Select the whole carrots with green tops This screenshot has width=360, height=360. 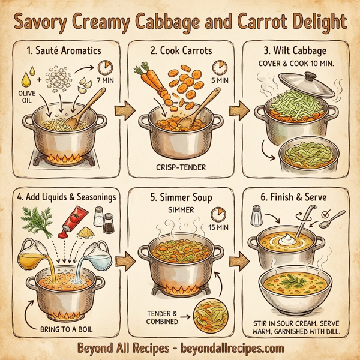point(151,83)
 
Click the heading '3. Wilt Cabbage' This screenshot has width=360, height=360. point(297,49)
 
